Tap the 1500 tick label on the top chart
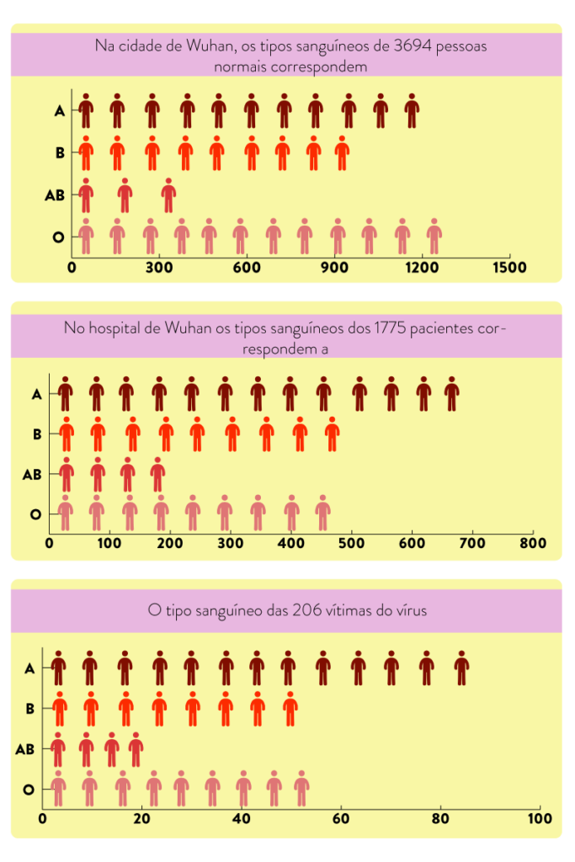click(x=510, y=268)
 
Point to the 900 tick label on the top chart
click(x=334, y=268)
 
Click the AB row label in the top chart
click(x=55, y=195)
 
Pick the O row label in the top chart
click(x=58, y=237)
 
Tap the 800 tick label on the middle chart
click(x=533, y=545)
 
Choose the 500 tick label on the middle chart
click(x=351, y=545)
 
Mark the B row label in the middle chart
click(x=37, y=434)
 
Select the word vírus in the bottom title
click(x=407, y=611)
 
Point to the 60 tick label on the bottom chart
click(x=341, y=819)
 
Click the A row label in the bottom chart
click(x=29, y=668)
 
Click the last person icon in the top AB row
click(x=168, y=195)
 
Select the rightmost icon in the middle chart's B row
click(x=332, y=434)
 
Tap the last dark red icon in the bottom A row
click(x=461, y=668)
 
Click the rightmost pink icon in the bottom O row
click(x=301, y=789)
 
